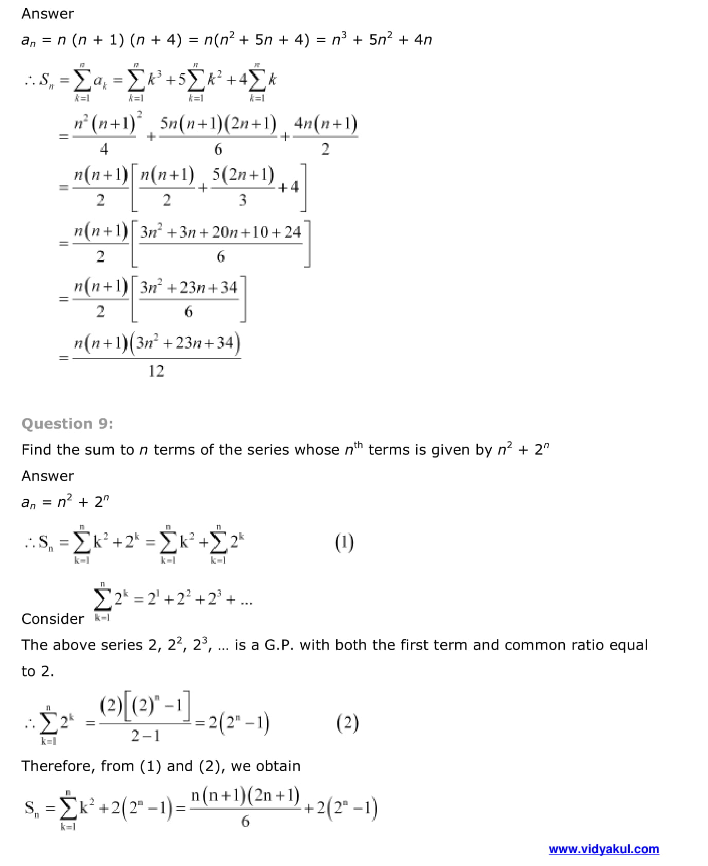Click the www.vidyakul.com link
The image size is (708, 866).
click(x=603, y=848)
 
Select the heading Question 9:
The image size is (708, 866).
click(x=67, y=423)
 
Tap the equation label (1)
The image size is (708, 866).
click(x=344, y=542)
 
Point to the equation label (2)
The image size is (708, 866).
click(x=348, y=723)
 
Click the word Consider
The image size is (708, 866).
click(x=53, y=619)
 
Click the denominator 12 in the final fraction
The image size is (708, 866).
click(x=156, y=371)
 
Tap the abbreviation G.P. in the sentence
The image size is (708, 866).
click(x=280, y=645)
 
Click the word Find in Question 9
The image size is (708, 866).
click(x=37, y=450)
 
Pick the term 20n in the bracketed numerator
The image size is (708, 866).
click(x=225, y=232)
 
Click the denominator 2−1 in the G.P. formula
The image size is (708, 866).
click(x=145, y=736)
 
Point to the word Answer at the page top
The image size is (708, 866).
click(x=47, y=13)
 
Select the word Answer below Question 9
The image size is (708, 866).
click(x=47, y=476)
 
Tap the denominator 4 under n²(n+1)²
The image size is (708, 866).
click(x=104, y=149)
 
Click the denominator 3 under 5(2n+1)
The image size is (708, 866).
click(x=243, y=200)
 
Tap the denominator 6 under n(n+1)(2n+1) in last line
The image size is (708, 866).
click(x=245, y=821)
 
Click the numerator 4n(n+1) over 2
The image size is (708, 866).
click(x=325, y=124)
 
